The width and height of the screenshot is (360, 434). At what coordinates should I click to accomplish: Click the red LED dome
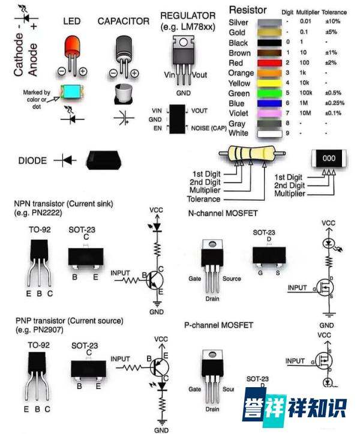72,46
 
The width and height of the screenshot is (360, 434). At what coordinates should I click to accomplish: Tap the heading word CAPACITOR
124,21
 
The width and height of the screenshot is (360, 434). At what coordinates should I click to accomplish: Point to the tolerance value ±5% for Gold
329,32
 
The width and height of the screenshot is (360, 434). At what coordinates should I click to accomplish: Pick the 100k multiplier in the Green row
307,94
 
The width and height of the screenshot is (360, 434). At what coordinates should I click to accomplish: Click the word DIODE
32,161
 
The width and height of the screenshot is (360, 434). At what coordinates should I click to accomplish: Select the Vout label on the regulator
200,75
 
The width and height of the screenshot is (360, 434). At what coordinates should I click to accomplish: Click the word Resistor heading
248,11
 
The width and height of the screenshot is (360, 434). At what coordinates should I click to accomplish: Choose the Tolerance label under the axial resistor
203,199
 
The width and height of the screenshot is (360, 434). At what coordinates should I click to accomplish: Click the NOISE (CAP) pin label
209,128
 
